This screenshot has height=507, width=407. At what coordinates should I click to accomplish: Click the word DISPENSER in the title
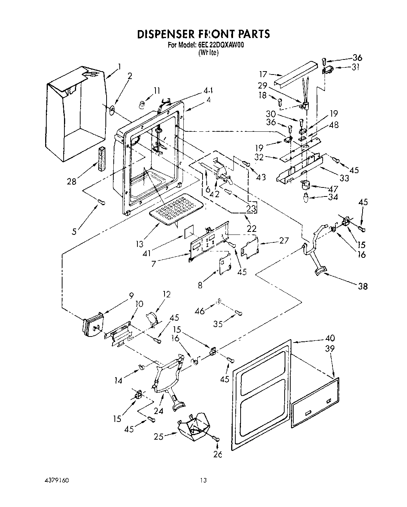[x=165, y=34]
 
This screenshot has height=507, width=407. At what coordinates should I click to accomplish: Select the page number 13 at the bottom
[x=203, y=481]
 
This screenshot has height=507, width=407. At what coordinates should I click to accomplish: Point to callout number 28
[x=72, y=181]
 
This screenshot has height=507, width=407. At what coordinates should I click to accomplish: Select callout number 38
[x=363, y=286]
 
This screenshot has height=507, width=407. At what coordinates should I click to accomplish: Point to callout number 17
[x=262, y=75]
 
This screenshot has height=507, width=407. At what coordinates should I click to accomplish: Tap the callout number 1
[x=119, y=67]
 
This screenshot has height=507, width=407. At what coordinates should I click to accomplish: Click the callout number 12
[x=166, y=294]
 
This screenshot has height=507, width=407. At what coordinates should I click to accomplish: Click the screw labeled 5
[x=101, y=203]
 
